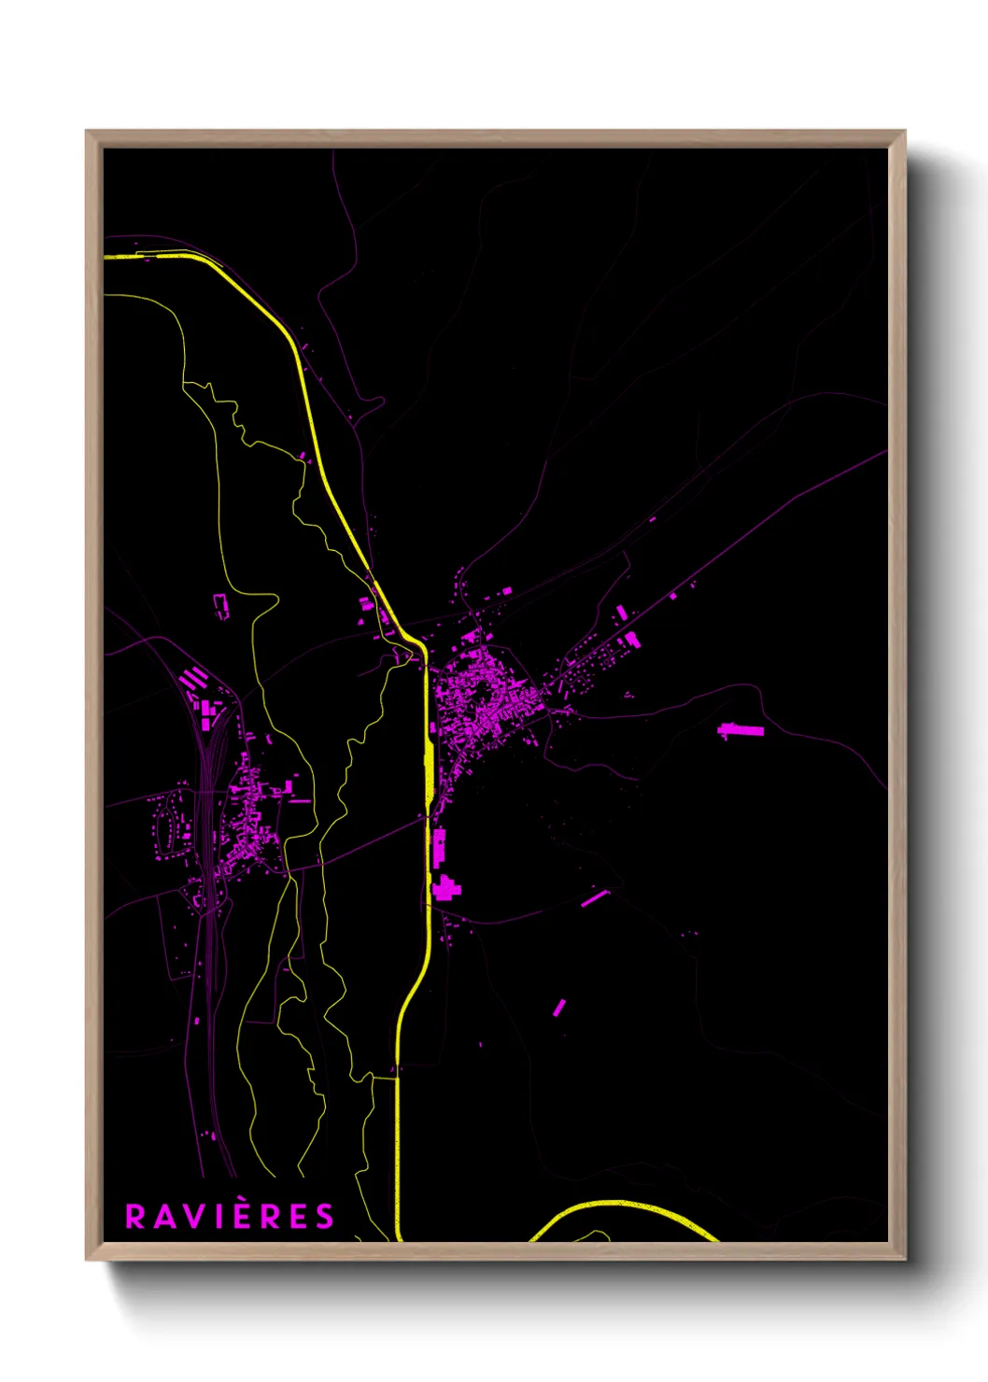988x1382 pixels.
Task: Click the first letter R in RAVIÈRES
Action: (135, 1217)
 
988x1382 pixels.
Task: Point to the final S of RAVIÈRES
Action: (324, 1217)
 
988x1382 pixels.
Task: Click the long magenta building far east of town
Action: (741, 729)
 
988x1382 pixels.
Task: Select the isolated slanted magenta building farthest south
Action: (558, 1008)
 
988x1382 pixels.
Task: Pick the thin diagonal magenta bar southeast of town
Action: (595, 898)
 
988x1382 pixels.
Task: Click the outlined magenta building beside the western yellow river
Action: (221, 606)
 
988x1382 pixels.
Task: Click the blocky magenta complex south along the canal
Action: (445, 887)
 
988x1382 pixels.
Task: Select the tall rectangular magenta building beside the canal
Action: (438, 846)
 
